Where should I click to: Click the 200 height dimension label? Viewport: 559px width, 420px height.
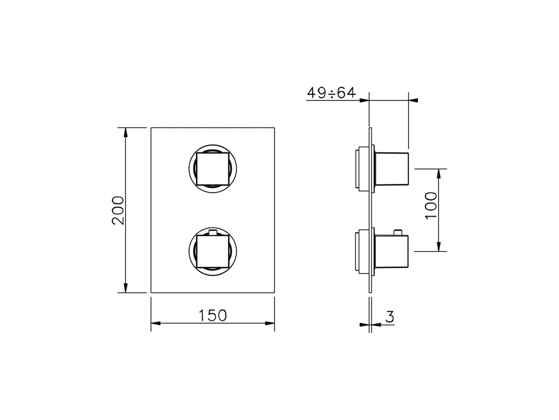(x=118, y=210)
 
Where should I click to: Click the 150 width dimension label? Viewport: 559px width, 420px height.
(x=213, y=315)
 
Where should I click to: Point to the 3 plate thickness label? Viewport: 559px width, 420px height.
(x=390, y=316)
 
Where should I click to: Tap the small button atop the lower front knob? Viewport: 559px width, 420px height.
(x=213, y=232)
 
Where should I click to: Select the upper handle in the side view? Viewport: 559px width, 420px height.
(x=392, y=169)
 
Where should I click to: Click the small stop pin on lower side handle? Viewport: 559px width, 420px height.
(x=398, y=231)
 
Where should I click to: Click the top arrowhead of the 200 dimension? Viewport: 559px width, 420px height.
(x=126, y=132)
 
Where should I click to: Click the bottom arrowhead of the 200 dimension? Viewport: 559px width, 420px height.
(x=126, y=288)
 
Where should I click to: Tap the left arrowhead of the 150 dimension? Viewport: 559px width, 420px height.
(x=156, y=324)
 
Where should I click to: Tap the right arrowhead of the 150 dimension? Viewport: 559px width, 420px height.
(x=269, y=324)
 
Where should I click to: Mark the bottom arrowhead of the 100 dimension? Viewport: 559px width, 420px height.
(x=439, y=247)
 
